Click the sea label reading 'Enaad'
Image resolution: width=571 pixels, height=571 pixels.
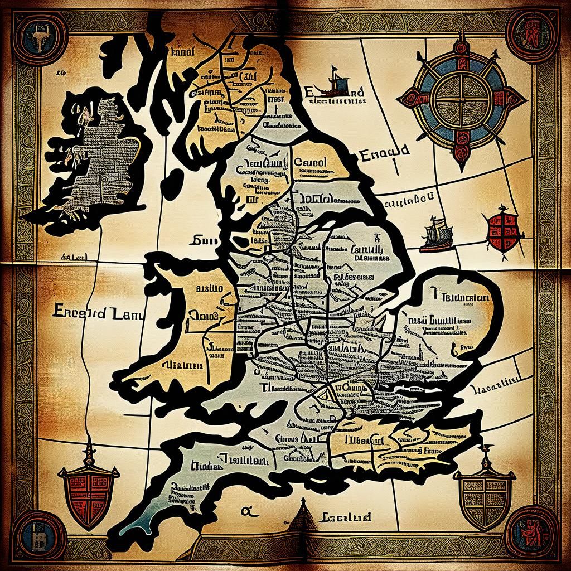coord(385,152)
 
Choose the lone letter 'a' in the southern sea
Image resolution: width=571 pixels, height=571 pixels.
coord(245,509)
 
